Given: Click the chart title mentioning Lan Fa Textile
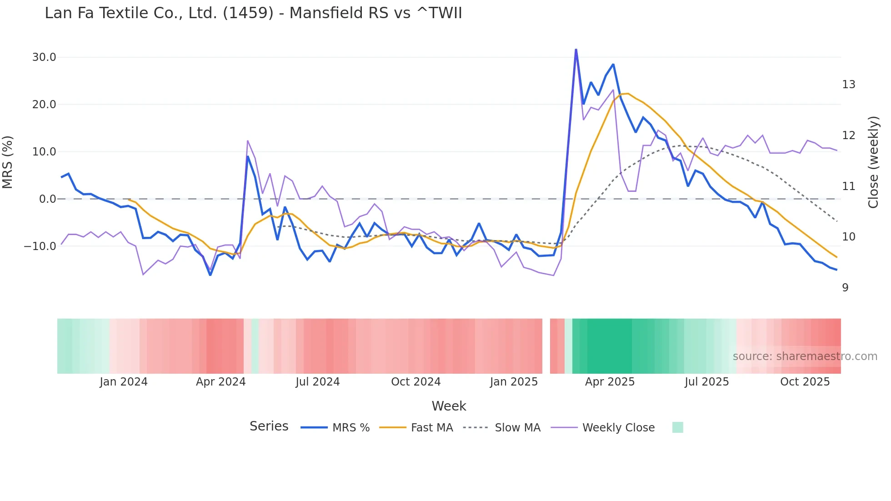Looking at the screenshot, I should tap(253, 13).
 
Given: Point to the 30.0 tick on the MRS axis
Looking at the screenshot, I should tap(44, 57).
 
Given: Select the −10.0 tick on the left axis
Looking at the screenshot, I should tap(40, 246).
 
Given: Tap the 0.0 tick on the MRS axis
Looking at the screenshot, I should tap(47, 199).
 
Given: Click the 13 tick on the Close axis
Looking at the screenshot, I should tap(848, 85).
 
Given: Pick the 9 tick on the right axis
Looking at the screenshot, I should tap(845, 288).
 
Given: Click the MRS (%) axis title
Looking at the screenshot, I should tap(8, 162).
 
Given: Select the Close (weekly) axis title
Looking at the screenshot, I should tap(873, 162).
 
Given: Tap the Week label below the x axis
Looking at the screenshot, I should tap(449, 406).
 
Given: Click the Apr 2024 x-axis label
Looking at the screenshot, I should tap(220, 382).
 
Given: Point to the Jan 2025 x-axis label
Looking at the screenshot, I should tap(514, 382).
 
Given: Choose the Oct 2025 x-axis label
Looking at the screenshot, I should tap(805, 382).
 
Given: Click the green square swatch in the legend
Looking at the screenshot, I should tap(677, 427).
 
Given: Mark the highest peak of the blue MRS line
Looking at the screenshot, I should tap(576, 50).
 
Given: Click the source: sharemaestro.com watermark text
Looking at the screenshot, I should tap(805, 356).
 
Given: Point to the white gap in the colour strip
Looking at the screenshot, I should tap(546, 346).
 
